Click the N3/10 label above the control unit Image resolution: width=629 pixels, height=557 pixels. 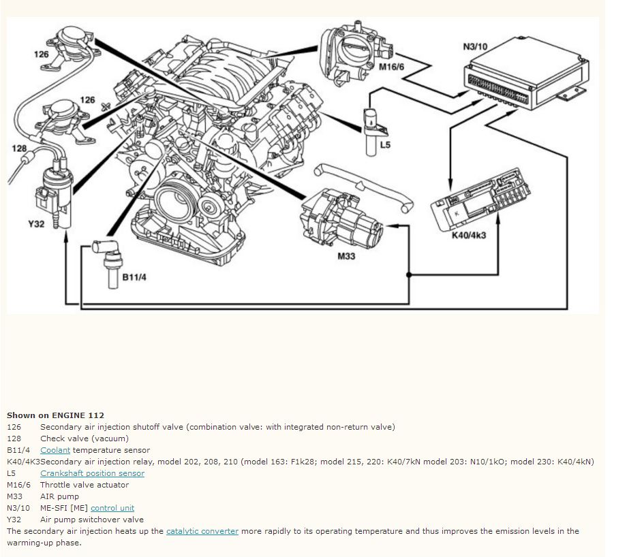pos(474,47)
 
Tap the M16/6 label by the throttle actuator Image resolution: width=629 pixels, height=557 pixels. pos(392,67)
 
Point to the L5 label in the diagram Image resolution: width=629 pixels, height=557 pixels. pos(385,144)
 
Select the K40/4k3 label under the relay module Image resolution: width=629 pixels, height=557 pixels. pos(469,235)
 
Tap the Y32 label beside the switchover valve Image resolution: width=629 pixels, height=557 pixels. pos(36,223)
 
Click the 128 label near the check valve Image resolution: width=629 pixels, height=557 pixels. pos(19,148)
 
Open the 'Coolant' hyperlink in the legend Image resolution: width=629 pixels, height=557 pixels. pos(55,450)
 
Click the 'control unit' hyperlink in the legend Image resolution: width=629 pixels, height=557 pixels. pos(112,508)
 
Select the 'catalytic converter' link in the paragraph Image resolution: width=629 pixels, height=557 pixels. pos(202,531)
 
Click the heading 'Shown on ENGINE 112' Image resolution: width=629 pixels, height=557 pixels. pos(55,415)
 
